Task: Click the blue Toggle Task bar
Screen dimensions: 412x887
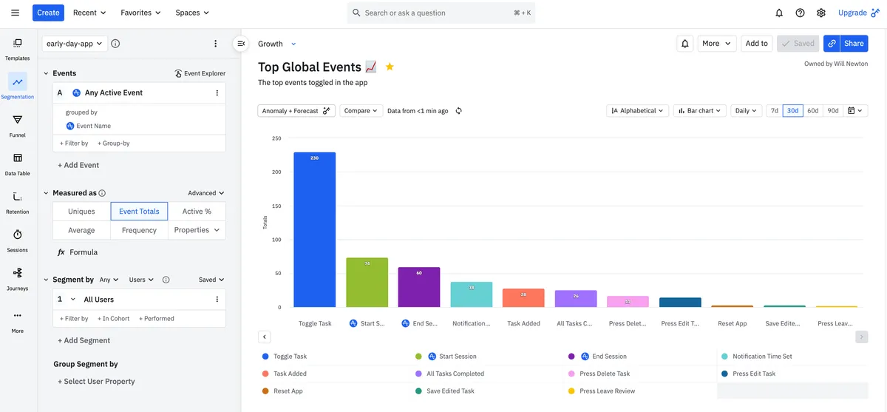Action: tap(314, 229)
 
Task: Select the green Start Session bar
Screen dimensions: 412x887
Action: tap(367, 282)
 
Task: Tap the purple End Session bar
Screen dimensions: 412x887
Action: tap(419, 287)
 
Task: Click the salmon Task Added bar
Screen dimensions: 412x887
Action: tap(523, 297)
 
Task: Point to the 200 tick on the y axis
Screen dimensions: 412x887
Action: tap(276, 172)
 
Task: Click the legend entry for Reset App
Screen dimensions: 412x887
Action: tap(288, 391)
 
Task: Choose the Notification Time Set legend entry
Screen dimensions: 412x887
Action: tap(761, 357)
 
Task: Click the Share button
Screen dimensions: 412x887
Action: tap(846, 44)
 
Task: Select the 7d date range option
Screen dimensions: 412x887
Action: tap(774, 111)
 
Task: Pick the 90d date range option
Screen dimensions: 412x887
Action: tap(833, 111)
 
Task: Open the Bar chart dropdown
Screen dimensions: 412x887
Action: tap(700, 111)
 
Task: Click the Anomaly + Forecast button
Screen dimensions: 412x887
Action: tap(296, 111)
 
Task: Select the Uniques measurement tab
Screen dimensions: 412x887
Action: tap(81, 212)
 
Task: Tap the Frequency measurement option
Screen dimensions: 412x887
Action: tap(139, 230)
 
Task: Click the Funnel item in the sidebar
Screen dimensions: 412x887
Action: tap(18, 126)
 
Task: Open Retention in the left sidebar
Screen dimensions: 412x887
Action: tap(18, 202)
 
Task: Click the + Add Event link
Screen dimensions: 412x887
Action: tap(78, 165)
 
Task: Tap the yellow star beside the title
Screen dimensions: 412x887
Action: tap(390, 67)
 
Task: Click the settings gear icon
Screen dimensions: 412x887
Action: tap(820, 13)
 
